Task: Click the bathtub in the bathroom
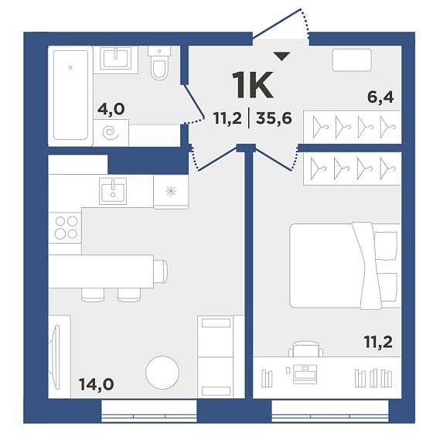[70, 95]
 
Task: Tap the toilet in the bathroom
[159, 63]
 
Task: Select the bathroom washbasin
[116, 59]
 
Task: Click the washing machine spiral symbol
[111, 132]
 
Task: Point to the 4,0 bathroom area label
[111, 110]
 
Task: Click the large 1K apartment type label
[253, 85]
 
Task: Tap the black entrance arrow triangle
[281, 56]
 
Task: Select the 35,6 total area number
[274, 119]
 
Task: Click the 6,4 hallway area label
[380, 97]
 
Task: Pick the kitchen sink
[113, 191]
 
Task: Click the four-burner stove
[66, 228]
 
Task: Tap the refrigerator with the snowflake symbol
[171, 191]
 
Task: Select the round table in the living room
[162, 373]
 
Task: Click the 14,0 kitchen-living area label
[97, 384]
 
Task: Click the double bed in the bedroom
[345, 265]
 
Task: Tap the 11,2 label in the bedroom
[378, 343]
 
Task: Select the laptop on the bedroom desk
[305, 374]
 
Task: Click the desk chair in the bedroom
[305, 349]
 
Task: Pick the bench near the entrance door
[352, 60]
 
